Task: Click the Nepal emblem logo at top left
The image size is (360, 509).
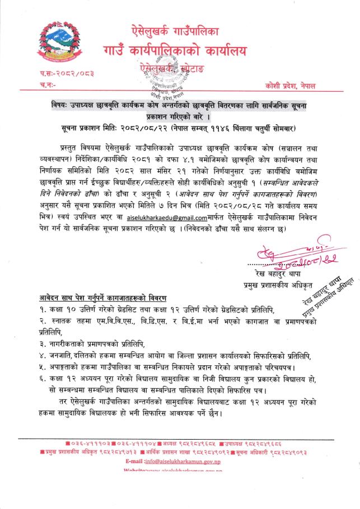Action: pos(56,43)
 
